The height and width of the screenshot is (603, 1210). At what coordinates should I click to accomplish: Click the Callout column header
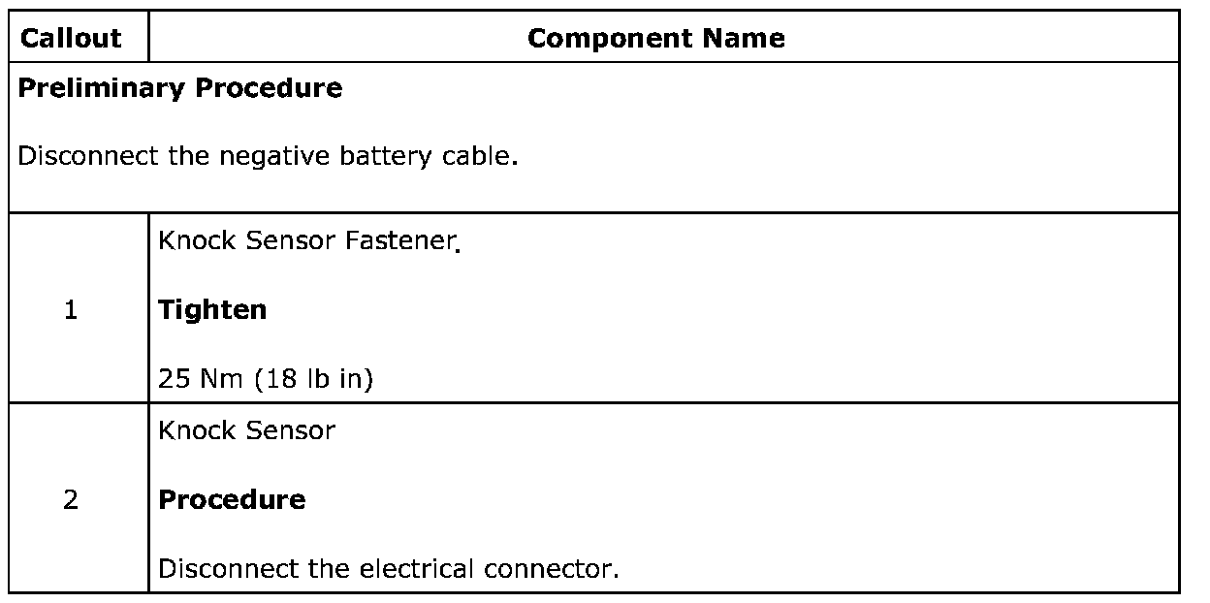click(x=71, y=39)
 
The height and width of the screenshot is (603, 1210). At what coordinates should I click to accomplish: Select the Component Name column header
click(x=656, y=39)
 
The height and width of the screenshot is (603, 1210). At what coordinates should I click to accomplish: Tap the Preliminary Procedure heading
click(x=180, y=89)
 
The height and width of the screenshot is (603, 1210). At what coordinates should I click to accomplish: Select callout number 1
click(x=71, y=310)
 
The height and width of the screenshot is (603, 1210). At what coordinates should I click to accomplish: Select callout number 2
click(x=71, y=500)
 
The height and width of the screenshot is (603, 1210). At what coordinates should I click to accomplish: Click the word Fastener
click(x=400, y=241)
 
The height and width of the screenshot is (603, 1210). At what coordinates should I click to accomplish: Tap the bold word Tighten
click(x=212, y=310)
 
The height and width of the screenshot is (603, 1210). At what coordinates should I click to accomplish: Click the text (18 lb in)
click(x=314, y=379)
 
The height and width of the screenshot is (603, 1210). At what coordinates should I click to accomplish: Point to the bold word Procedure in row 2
click(x=232, y=500)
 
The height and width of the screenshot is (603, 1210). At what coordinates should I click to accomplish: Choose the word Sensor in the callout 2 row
click(x=291, y=430)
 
